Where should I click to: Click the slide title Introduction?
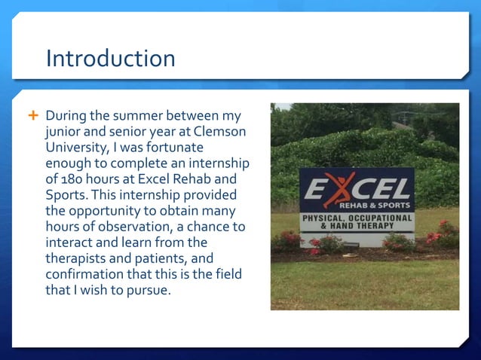110,58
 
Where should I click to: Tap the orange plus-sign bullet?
32,117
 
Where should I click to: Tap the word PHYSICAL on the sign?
323,218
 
